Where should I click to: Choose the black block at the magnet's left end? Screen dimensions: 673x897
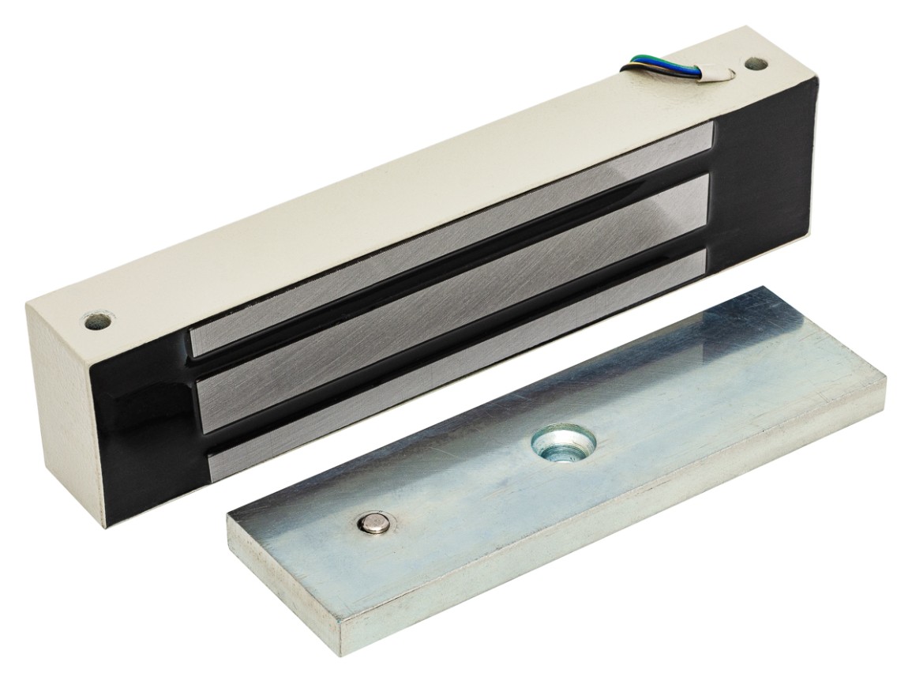pyautogui.click(x=142, y=427)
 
